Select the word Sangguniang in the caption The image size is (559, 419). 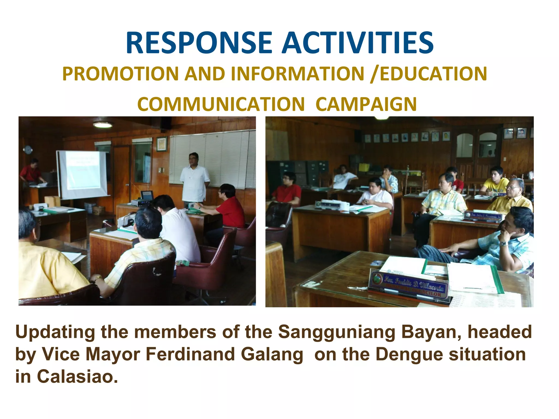[x=337, y=332]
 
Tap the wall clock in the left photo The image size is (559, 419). [x=28, y=149]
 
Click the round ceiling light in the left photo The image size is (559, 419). [x=102, y=125]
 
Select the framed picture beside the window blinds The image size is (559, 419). [x=162, y=144]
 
